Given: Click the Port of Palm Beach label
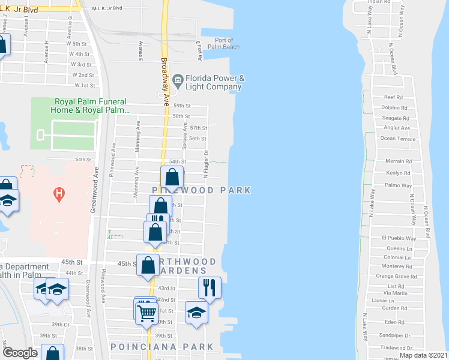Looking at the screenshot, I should (x=223, y=43).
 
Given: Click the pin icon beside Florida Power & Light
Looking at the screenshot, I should (x=178, y=80).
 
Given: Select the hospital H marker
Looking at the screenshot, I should (x=59, y=193).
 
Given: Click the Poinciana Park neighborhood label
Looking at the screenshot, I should (x=162, y=347).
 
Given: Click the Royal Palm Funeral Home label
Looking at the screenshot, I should (x=92, y=106).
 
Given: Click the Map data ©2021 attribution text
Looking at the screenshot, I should (x=423, y=355).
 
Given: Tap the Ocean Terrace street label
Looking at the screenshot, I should (x=397, y=139).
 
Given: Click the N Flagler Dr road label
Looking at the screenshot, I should (x=205, y=163).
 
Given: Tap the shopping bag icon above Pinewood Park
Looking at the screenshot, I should (x=172, y=178).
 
